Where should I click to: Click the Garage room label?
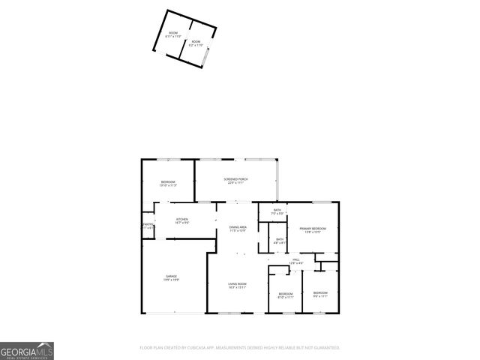tap(172, 277)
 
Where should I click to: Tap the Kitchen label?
tap(181, 219)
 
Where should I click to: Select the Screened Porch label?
tap(235, 179)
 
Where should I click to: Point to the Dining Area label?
tap(238, 226)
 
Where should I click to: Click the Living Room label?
tap(237, 283)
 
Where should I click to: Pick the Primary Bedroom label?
tap(313, 228)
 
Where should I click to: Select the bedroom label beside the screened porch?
tap(168, 182)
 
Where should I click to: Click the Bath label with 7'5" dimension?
tap(277, 210)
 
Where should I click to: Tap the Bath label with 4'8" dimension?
tap(279, 239)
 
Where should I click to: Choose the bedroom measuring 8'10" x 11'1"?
tap(285, 293)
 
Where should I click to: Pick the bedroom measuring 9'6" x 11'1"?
tap(320, 292)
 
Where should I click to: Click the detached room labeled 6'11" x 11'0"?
tap(173, 33)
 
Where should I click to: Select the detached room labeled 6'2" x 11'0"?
tap(196, 42)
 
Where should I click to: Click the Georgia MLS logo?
tap(27, 351)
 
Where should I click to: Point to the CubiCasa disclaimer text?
tap(240, 347)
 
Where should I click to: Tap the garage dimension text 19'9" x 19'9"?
tap(172, 280)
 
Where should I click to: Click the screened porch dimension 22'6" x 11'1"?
tap(235, 182)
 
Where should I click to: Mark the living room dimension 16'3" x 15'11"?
tap(237, 287)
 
